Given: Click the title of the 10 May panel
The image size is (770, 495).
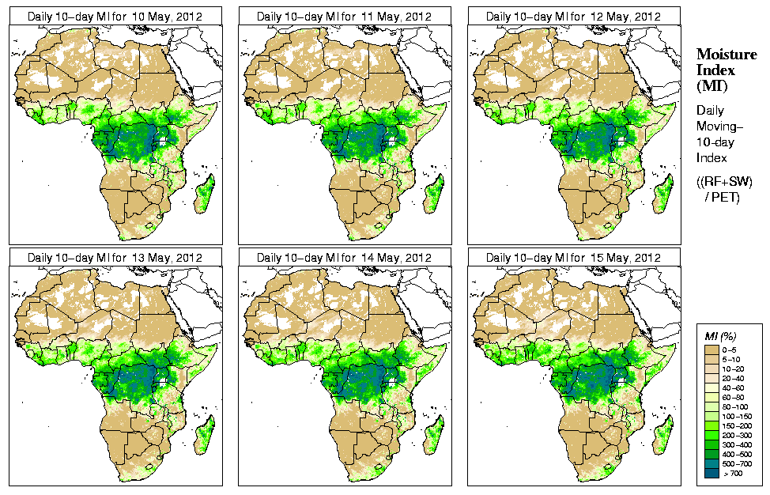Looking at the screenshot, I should tap(115, 16).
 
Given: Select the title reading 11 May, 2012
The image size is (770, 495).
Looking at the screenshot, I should tap(344, 16).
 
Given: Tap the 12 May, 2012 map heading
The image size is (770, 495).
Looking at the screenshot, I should tap(573, 16).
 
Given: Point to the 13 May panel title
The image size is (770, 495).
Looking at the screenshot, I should tap(115, 258).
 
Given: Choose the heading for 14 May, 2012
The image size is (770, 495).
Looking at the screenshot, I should tap(344, 258).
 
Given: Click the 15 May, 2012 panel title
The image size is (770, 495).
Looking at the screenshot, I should tap(573, 258).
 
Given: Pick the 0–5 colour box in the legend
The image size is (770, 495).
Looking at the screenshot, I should tap(711, 348).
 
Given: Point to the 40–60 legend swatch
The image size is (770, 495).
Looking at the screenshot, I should tap(711, 387).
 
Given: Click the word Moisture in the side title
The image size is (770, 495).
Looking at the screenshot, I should tap(726, 54).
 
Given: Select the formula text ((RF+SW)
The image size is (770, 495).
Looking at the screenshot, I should tap(724, 183).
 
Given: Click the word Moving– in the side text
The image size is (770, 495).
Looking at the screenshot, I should tap(718, 127).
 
